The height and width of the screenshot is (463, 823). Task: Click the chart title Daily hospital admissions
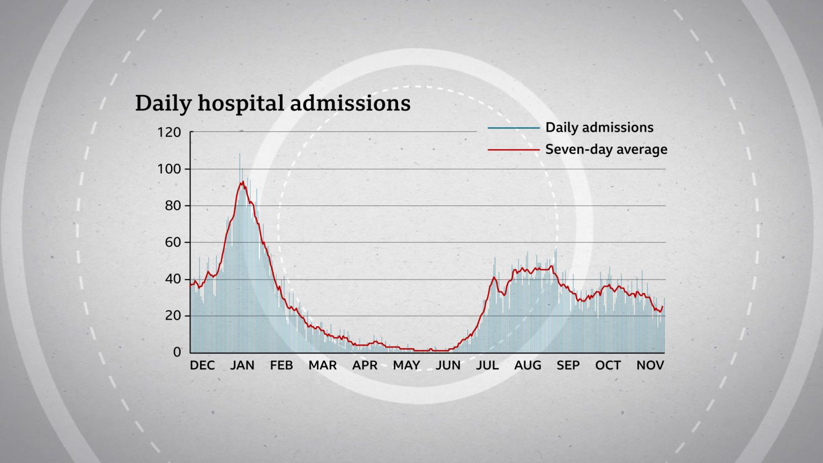coord(272,103)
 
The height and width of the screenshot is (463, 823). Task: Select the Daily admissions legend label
coord(599,128)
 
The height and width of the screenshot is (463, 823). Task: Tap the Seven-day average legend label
coord(606,149)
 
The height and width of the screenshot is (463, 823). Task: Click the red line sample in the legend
coord(513,150)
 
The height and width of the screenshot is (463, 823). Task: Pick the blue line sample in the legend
coord(513,128)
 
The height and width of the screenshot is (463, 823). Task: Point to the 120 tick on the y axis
coord(169,132)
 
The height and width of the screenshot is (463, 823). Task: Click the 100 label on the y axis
coord(169,169)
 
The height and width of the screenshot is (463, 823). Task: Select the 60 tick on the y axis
coord(171,242)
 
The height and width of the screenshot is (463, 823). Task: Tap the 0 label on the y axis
coord(177,352)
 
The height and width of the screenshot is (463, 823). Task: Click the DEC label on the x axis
coord(202,365)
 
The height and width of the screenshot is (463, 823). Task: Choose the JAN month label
coord(242,365)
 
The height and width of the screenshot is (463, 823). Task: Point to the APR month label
coord(365,365)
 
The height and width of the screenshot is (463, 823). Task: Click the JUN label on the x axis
coord(448,365)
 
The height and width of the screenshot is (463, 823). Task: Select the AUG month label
coord(528,365)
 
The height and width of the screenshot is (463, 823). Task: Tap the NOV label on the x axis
coord(650,365)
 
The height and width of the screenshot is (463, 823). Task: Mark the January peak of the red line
coord(243,182)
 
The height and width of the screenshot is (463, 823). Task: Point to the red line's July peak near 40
coord(494,277)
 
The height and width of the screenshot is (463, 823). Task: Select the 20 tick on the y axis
coord(171,316)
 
